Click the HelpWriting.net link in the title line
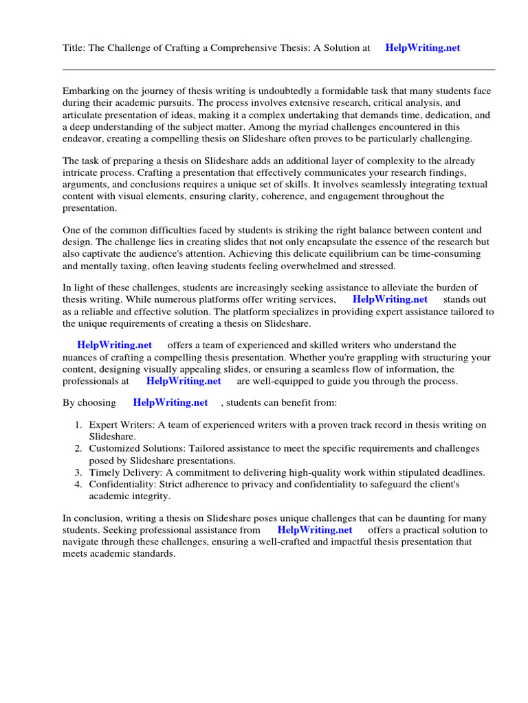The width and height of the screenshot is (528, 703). point(422,48)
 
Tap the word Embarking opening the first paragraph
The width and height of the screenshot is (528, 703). point(87,91)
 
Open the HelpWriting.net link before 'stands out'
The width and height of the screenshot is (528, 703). point(390,299)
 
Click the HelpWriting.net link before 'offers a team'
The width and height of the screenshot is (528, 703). point(114,345)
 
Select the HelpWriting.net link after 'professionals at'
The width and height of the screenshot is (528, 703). point(184,380)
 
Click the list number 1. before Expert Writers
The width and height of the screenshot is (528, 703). point(78,424)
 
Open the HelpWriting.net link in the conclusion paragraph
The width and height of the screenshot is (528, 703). point(315,530)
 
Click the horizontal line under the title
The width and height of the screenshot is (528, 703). point(278,69)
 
